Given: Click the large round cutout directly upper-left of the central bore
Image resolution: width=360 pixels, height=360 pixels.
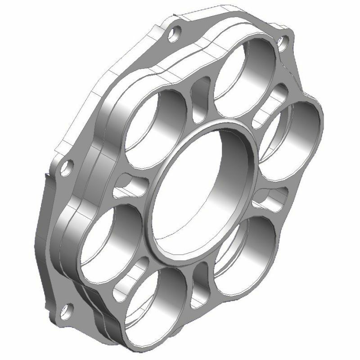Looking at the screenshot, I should [155, 121].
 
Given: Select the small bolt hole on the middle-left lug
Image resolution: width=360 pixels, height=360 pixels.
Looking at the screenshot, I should [68, 166].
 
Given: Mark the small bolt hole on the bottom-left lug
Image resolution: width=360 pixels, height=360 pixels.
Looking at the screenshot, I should [67, 309].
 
